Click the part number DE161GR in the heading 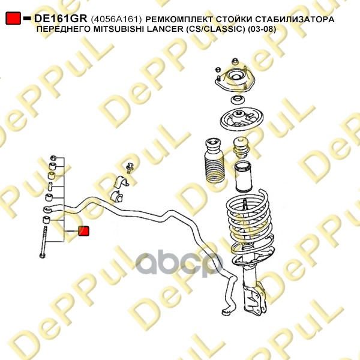[61, 19]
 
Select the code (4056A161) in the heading [116, 19]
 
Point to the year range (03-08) [262, 29]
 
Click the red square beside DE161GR [13, 19]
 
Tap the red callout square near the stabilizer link [83, 231]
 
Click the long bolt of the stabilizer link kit [43, 242]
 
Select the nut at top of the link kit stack [53, 158]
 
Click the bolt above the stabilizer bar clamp [130, 168]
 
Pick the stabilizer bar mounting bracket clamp [121, 182]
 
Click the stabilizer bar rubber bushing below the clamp [116, 197]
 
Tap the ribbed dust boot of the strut [214, 160]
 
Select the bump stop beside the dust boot [241, 148]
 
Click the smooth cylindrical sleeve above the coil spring [243, 177]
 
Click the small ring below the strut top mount [238, 100]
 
